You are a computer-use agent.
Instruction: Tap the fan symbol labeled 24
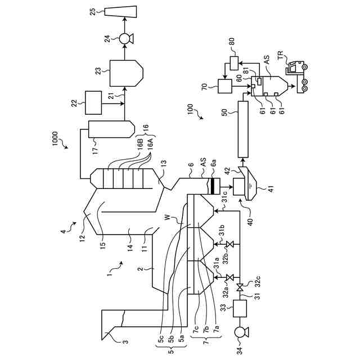(124, 38)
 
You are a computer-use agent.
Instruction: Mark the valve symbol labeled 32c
(240, 289)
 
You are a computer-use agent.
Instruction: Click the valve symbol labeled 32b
(229, 246)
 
